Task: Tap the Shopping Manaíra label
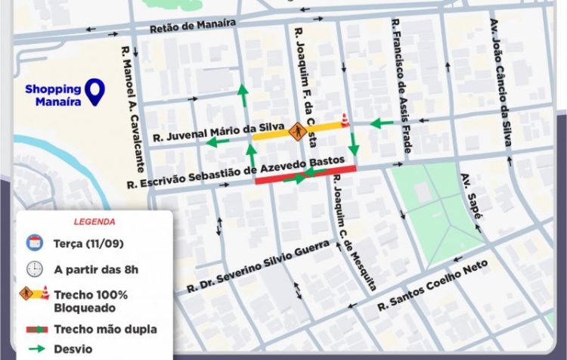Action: [x=53, y=95]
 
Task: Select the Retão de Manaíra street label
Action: [x=193, y=26]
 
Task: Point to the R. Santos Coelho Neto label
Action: [x=432, y=287]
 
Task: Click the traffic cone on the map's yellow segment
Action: [x=345, y=120]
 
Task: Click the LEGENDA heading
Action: [x=94, y=222]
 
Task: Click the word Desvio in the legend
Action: [x=73, y=350]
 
